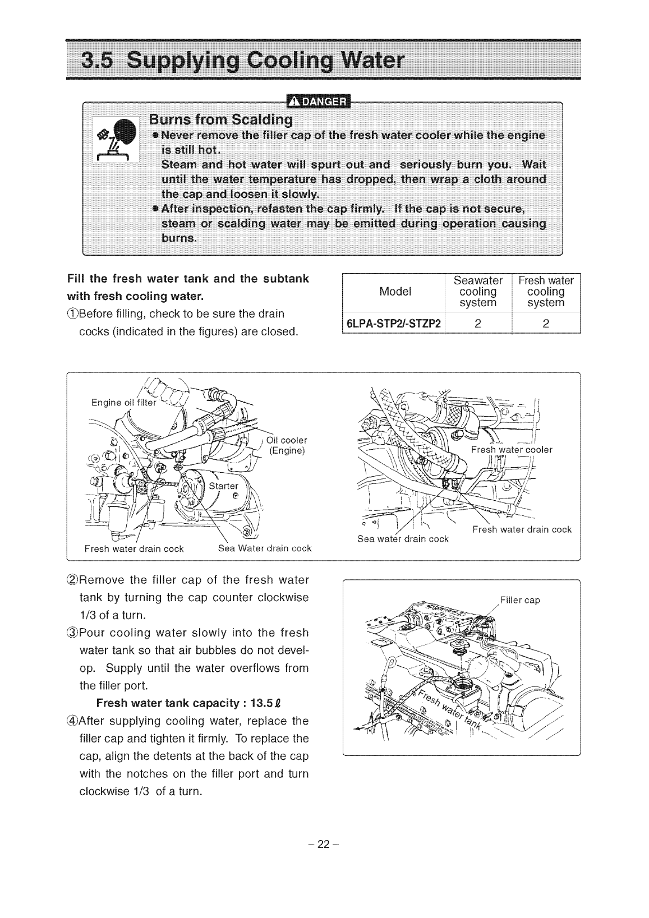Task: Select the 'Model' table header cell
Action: tap(395, 292)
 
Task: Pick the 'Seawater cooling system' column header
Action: tap(478, 292)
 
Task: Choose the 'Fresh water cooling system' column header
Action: tap(546, 292)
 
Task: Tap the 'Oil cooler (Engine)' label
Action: tap(287, 445)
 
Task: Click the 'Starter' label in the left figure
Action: tap(223, 486)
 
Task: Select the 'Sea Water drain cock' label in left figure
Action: tap(264, 548)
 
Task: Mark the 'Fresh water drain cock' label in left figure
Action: tap(134, 548)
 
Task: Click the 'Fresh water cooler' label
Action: tap(512, 450)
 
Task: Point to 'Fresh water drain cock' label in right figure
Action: tap(522, 529)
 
